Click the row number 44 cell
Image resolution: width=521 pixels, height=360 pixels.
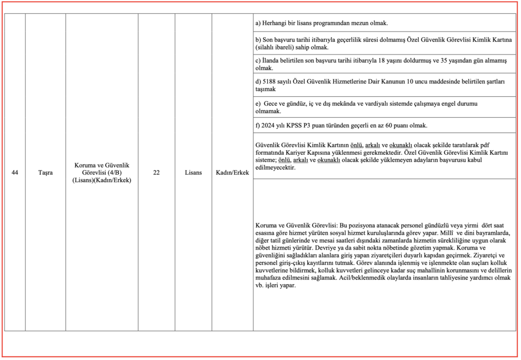15,173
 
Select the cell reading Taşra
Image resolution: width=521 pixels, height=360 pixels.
45,173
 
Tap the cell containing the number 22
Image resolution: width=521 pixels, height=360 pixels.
156,173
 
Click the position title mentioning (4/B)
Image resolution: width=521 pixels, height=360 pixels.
102,173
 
